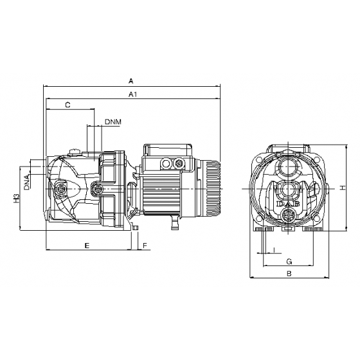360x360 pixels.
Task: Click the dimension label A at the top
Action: (x=131, y=82)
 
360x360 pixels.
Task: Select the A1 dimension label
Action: (x=133, y=94)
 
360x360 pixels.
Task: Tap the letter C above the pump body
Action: (x=67, y=104)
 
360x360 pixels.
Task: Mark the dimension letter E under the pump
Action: (x=87, y=246)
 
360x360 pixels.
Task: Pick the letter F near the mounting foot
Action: (x=145, y=246)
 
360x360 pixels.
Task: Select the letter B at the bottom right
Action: (x=289, y=274)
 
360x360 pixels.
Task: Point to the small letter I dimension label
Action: (x=274, y=249)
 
